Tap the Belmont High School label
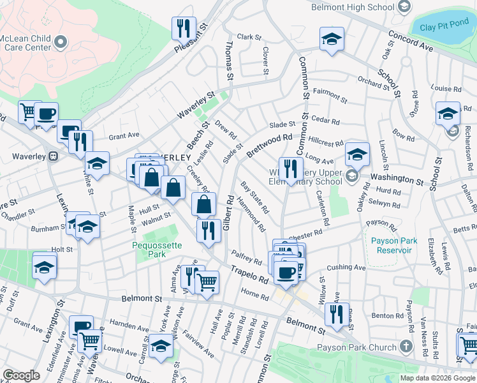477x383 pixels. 352,7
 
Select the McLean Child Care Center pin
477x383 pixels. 61,42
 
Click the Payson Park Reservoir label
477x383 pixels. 394,245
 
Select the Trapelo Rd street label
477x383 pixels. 249,274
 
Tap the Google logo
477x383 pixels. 21,375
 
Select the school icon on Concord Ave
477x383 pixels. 332,38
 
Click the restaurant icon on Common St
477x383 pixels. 290,169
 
